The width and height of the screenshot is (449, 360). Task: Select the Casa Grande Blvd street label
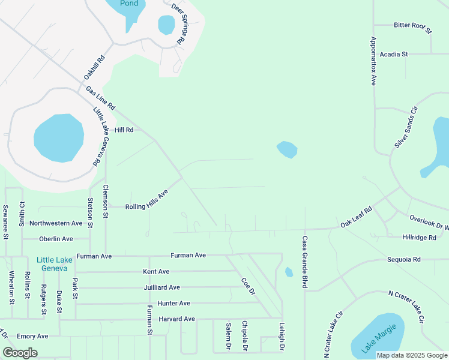(x=305, y=262)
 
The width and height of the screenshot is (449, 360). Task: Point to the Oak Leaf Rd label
(x=357, y=217)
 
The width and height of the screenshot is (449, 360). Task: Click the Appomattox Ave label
(x=373, y=62)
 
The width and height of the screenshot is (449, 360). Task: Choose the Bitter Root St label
(x=412, y=25)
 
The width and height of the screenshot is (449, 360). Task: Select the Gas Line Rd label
(x=100, y=98)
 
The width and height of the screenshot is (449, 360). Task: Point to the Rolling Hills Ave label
(x=146, y=199)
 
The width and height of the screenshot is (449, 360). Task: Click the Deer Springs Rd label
(x=179, y=25)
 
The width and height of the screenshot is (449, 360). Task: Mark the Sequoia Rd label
(x=404, y=260)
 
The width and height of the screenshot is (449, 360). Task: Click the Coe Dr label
(x=248, y=286)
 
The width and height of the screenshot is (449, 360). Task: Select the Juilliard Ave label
(x=161, y=287)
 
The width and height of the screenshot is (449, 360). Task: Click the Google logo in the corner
(x=20, y=353)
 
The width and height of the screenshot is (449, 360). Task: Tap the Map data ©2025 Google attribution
(x=412, y=355)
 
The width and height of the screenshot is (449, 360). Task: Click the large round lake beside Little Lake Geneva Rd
(x=58, y=137)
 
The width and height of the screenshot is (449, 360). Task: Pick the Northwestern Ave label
(x=56, y=223)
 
